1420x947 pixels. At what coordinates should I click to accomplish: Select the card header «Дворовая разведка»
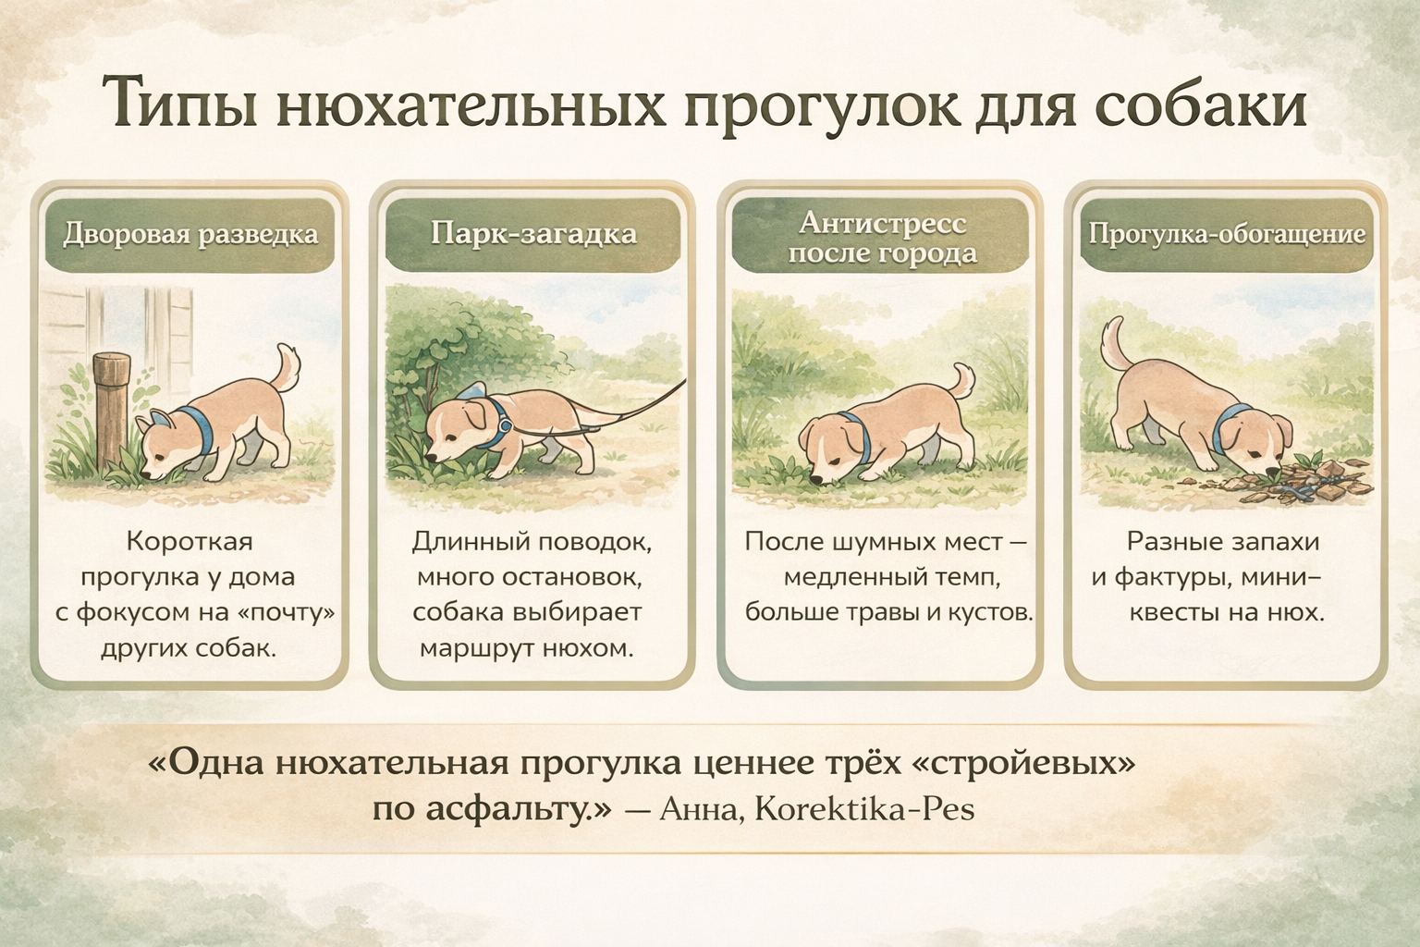point(190,233)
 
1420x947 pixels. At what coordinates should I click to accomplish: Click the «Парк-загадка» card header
point(533,233)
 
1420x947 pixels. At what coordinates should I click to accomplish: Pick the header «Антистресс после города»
point(882,238)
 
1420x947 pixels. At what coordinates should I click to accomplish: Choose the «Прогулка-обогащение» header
point(1227,233)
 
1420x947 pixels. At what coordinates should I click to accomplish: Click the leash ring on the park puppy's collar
point(504,424)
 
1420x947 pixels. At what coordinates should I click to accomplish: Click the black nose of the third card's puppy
point(818,480)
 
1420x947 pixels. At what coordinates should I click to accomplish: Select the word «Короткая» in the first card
point(190,542)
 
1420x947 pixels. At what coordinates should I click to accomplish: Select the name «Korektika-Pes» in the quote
point(864,810)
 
